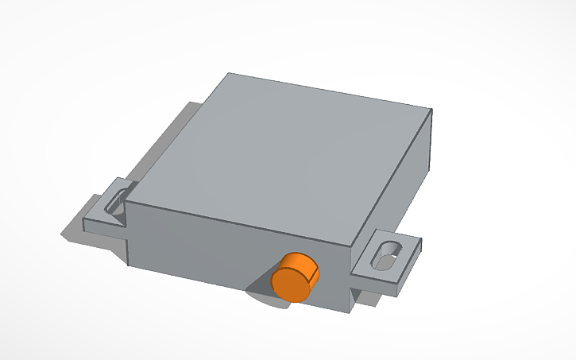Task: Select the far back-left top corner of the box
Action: (x=228, y=73)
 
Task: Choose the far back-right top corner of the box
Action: (x=432, y=109)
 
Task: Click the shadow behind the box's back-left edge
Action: (x=171, y=131)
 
